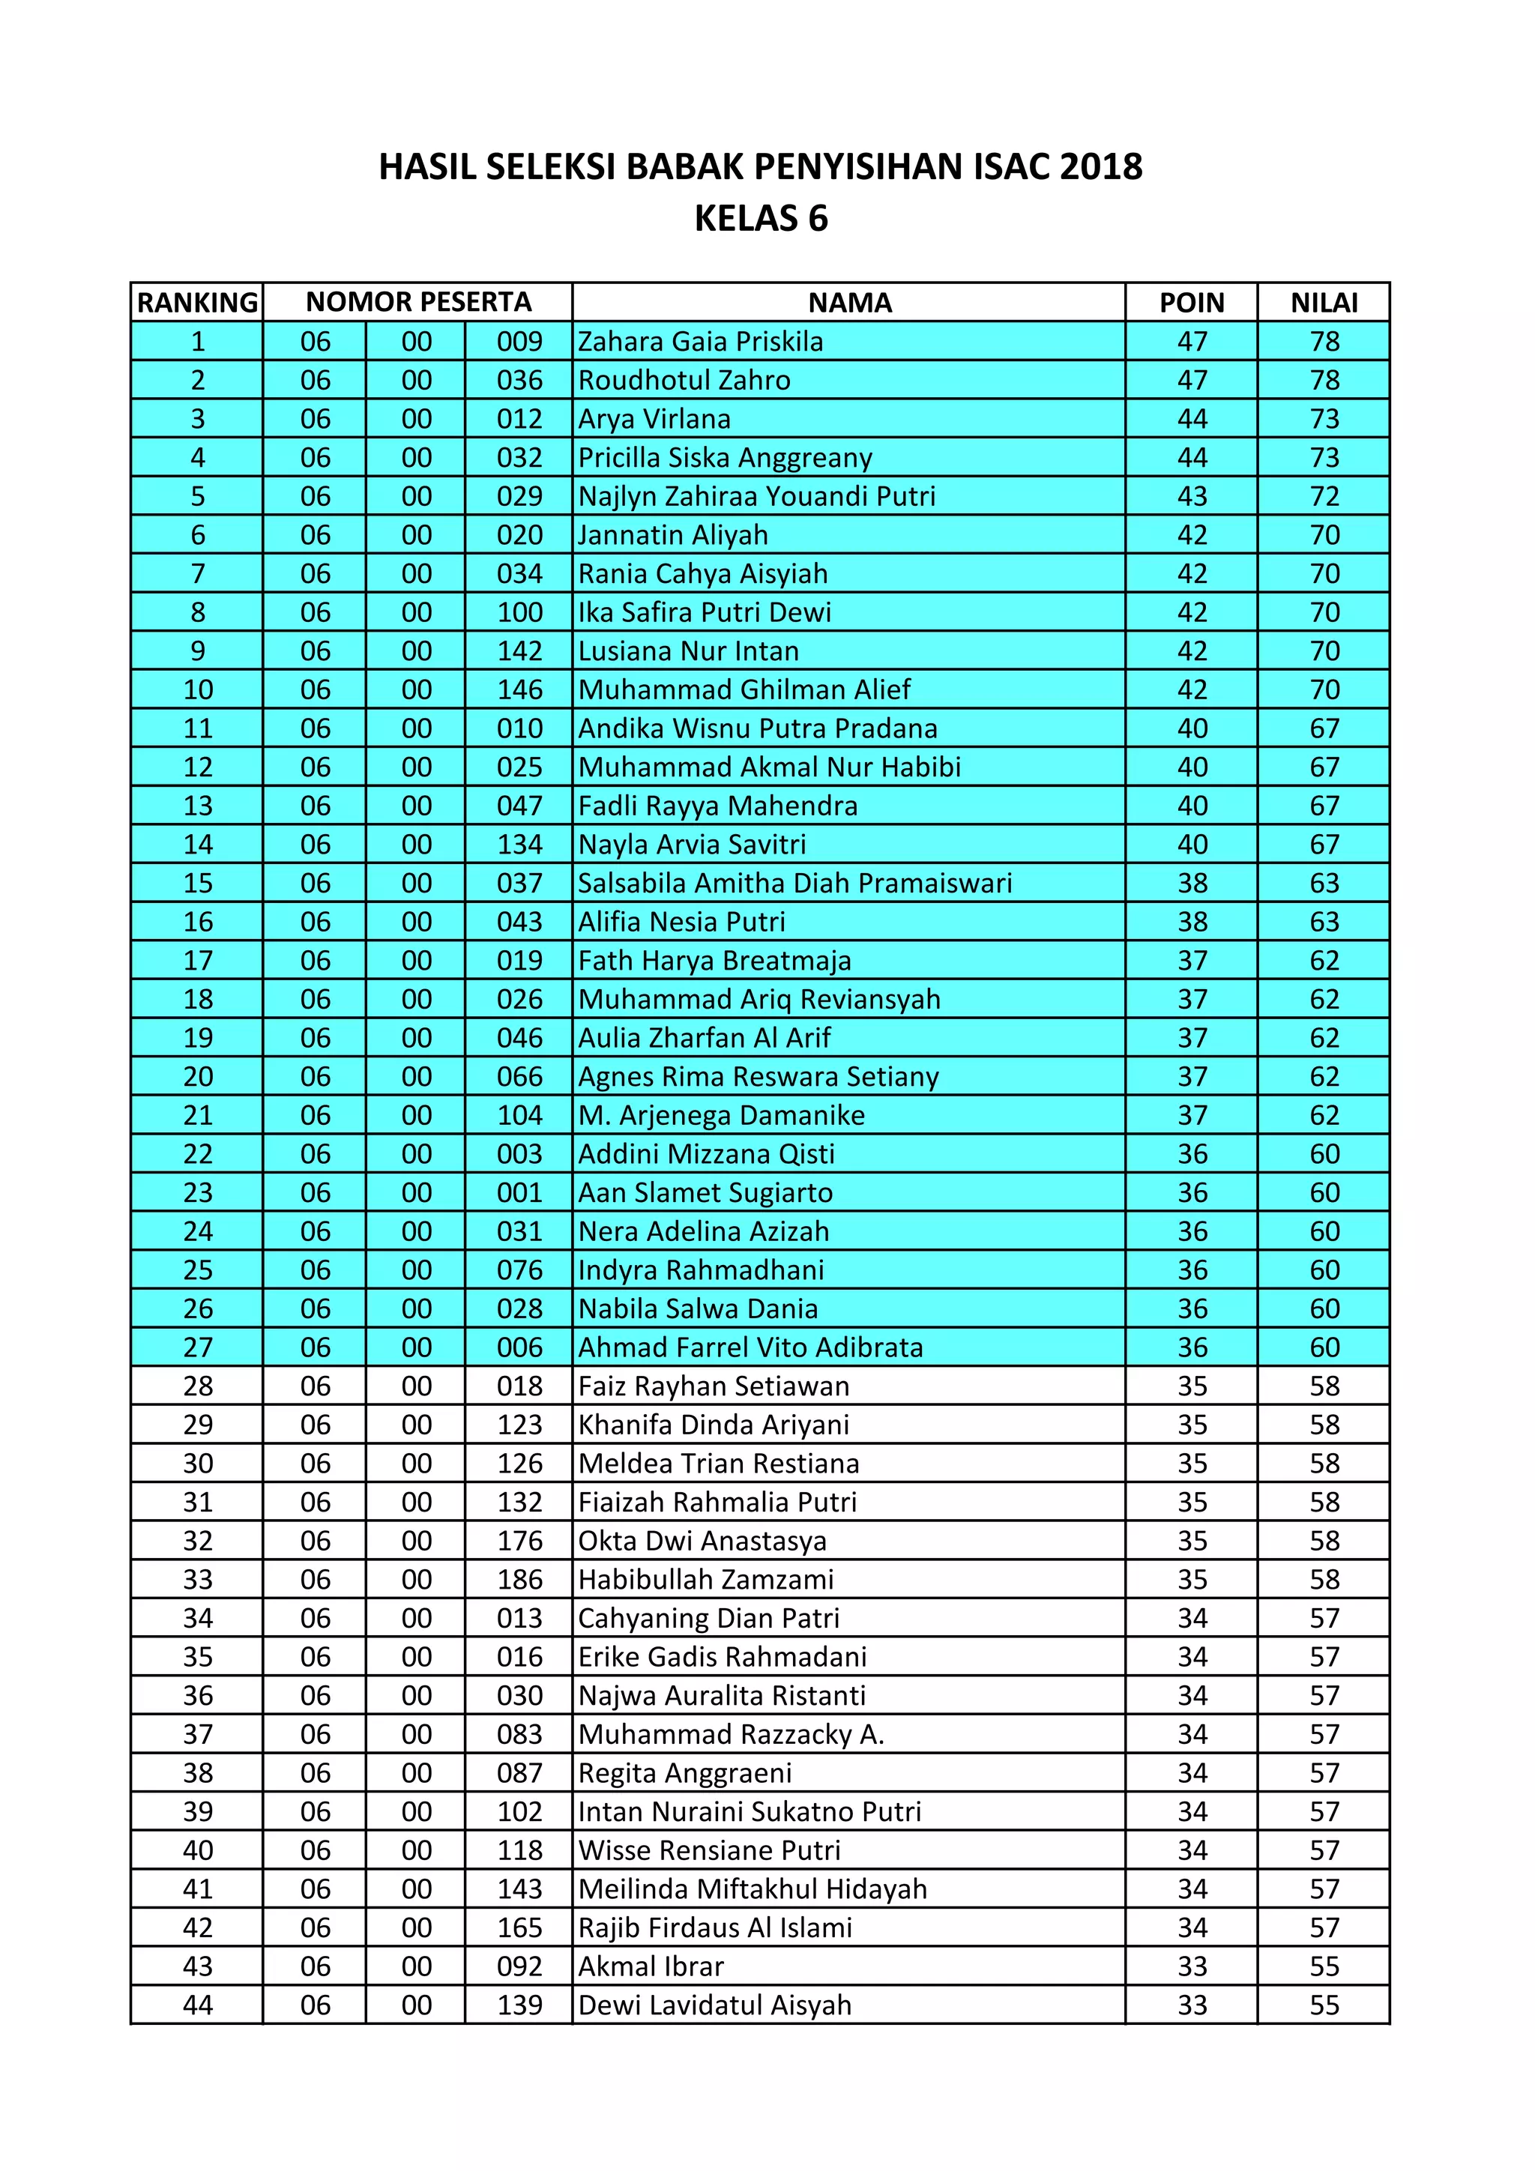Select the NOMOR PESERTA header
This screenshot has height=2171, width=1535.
coord(418,303)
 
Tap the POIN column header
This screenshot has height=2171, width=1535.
coord(1192,303)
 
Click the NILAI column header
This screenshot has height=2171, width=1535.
coord(1324,303)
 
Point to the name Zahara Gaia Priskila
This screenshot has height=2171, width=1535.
coord(701,341)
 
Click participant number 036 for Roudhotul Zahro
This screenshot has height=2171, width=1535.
coord(519,380)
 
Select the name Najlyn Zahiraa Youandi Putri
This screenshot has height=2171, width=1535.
coord(756,496)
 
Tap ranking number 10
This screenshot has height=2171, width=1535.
coord(198,690)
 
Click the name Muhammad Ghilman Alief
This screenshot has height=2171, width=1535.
coord(744,690)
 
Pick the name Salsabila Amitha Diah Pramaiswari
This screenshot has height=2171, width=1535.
coord(795,883)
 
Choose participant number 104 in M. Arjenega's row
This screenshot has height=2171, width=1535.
coord(519,1116)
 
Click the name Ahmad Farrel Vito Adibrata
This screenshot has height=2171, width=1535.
coord(751,1347)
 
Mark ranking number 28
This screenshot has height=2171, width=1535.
coord(198,1386)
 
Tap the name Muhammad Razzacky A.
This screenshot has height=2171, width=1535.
coord(731,1735)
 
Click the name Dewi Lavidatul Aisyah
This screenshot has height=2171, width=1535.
coord(715,2005)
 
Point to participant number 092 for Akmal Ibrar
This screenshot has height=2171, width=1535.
coord(519,1966)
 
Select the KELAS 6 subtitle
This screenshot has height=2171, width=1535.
coord(762,218)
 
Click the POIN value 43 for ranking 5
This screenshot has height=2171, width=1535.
coord(1192,496)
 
